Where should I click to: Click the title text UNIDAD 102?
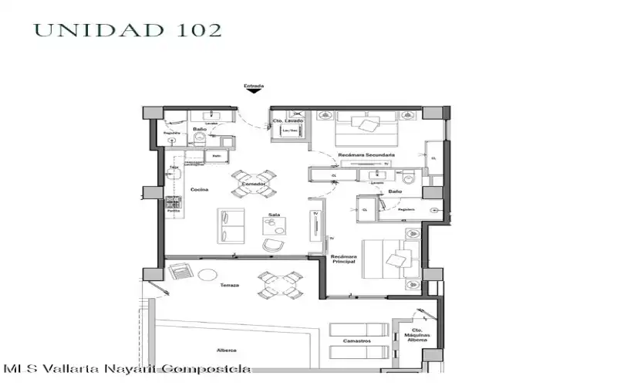point(128,30)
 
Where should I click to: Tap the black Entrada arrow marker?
point(254,92)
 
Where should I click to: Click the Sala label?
point(273,215)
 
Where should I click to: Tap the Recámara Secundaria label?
point(366,155)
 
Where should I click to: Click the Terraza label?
point(229,286)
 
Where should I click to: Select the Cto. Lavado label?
point(288,121)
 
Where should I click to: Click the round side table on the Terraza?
point(207,276)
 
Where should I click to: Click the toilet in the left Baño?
point(200,137)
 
